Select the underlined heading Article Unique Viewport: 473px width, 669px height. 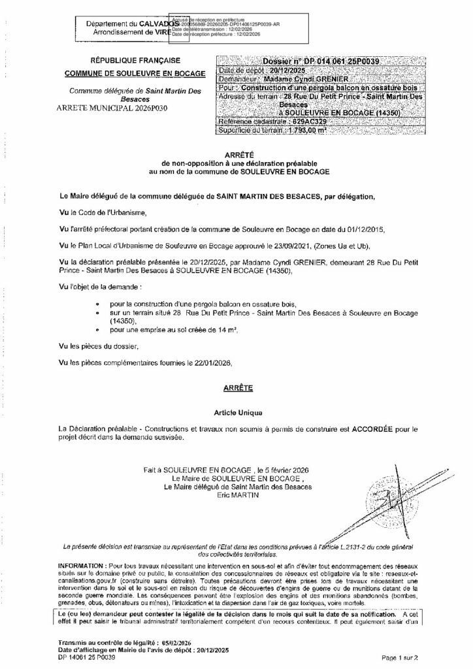[237, 414]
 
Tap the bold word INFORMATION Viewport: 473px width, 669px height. [82, 564]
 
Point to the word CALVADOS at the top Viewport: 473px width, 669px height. [150, 24]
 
